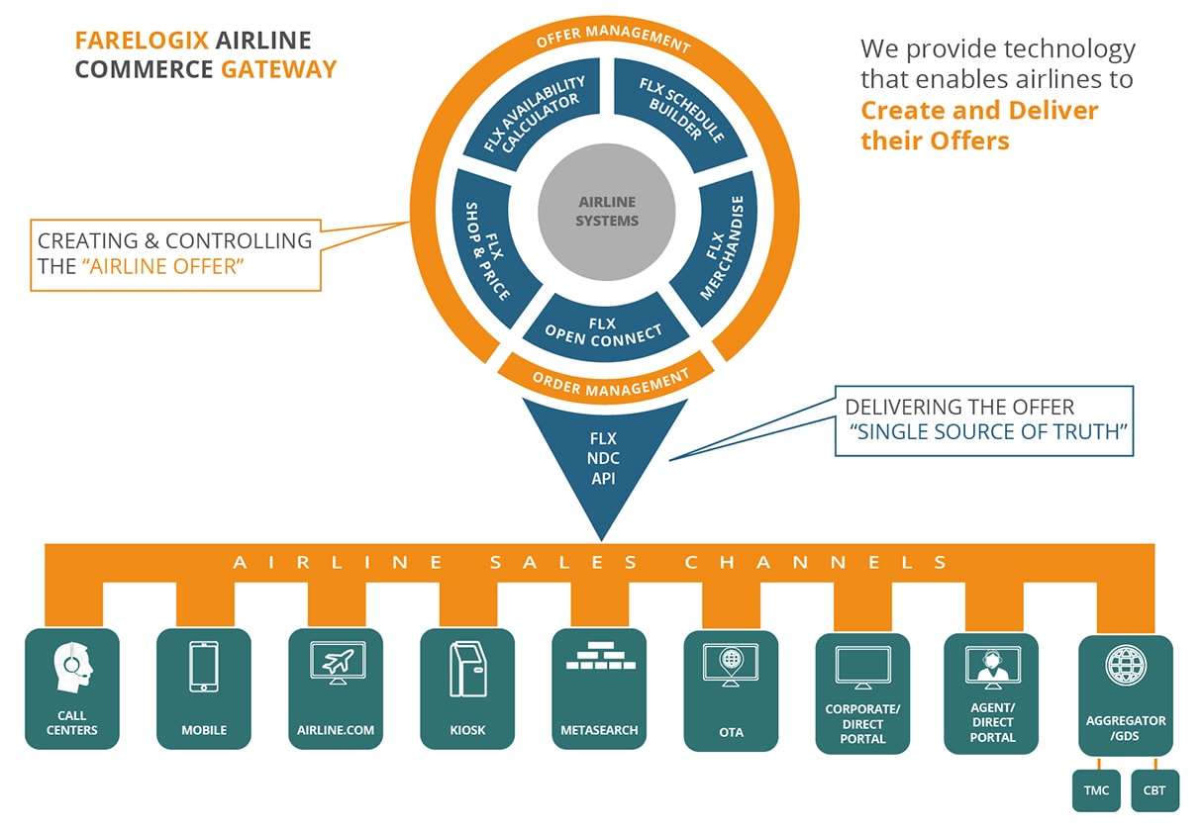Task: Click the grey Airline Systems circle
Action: point(607,212)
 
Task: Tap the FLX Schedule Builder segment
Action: point(681,112)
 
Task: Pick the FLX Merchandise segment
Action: point(719,248)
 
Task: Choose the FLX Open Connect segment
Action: point(604,330)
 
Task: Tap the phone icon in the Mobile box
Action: point(204,667)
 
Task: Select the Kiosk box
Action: point(467,689)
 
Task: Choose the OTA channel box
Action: point(731,691)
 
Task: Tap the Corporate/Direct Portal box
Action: point(862,692)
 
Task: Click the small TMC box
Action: point(1095,790)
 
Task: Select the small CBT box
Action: point(1154,790)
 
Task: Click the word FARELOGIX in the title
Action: point(142,41)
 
